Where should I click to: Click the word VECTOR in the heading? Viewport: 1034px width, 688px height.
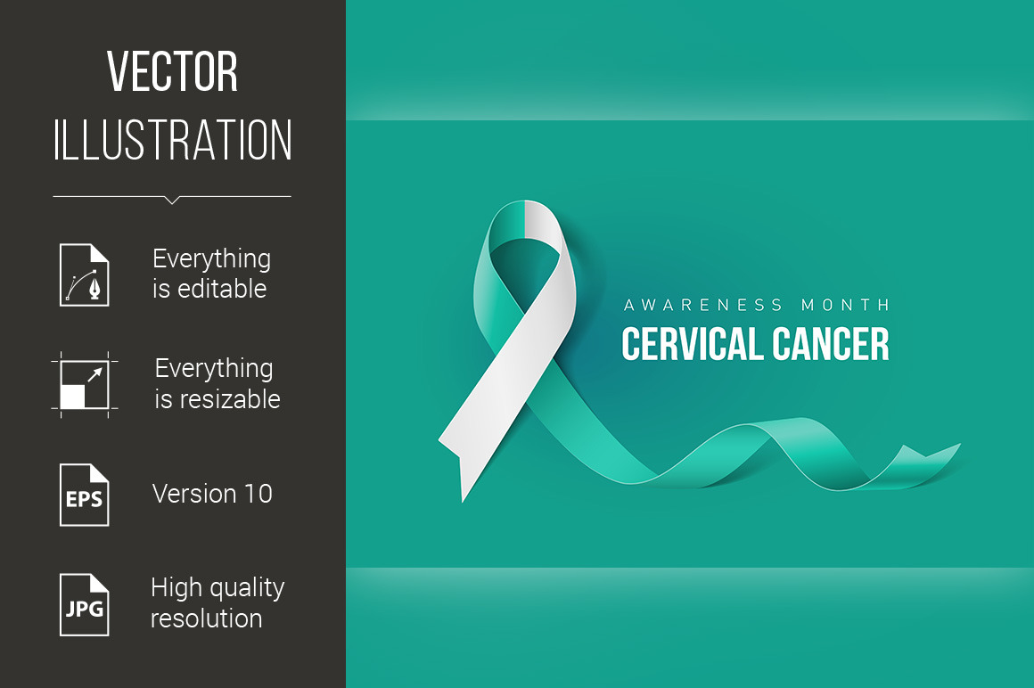pyautogui.click(x=172, y=71)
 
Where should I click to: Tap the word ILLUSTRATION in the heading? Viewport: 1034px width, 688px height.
pyautogui.click(x=172, y=140)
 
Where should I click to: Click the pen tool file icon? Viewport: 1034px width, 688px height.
pyautogui.click(x=85, y=274)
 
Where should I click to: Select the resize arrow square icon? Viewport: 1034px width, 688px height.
pyautogui.click(x=85, y=385)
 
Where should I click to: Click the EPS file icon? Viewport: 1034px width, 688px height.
pyautogui.click(x=85, y=495)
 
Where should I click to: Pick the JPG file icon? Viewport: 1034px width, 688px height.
pyautogui.click(x=85, y=605)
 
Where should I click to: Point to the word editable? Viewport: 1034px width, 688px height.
pyautogui.click(x=222, y=289)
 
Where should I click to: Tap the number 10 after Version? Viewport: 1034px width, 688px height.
pyautogui.click(x=258, y=494)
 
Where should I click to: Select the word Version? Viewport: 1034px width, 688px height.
pyautogui.click(x=194, y=494)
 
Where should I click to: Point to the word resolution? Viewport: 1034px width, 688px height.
pyautogui.click(x=207, y=618)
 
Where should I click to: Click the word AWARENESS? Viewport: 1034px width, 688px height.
pyautogui.click(x=703, y=305)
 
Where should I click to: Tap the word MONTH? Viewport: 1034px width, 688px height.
pyautogui.click(x=845, y=305)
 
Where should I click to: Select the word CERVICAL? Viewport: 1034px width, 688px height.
pyautogui.click(x=692, y=344)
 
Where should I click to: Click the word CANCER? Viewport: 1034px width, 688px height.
pyautogui.click(x=831, y=344)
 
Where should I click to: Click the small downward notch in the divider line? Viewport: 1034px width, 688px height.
pyautogui.click(x=172, y=201)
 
